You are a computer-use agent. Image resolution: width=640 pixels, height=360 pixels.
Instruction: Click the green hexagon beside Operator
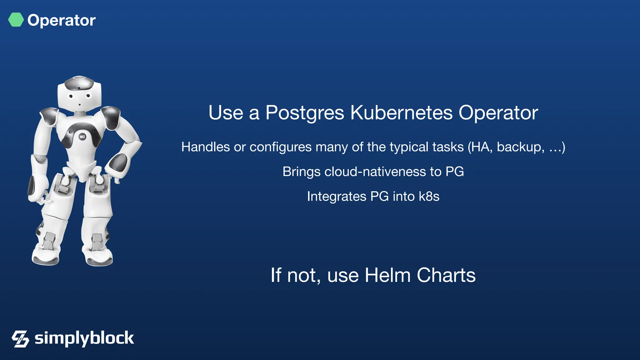click(x=16, y=20)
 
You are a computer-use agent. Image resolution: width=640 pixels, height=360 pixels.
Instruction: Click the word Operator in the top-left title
click(x=62, y=21)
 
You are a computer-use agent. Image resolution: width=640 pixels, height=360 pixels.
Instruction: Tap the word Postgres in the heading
click(x=305, y=113)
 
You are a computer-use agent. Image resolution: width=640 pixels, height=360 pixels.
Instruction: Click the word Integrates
click(x=337, y=197)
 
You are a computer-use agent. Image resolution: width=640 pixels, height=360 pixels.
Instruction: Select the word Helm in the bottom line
click(x=387, y=275)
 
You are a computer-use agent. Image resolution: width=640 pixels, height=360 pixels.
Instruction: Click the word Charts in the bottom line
click(x=446, y=275)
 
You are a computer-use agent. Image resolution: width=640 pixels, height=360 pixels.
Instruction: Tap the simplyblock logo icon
click(x=20, y=339)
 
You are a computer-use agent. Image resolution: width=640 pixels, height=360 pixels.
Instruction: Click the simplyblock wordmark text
click(x=84, y=338)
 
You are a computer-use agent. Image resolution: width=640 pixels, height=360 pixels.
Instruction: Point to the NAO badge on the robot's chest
click(x=82, y=137)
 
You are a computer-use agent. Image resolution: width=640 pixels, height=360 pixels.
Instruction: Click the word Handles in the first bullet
click(x=205, y=147)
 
